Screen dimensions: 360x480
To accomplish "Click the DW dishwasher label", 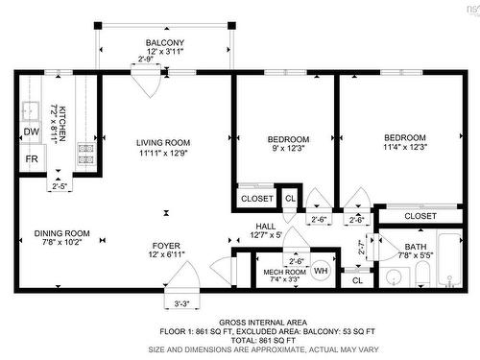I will [31, 132].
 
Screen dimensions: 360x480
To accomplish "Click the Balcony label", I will [164, 44].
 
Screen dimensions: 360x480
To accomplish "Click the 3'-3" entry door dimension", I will [181, 304].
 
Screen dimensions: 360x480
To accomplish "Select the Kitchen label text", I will [59, 125].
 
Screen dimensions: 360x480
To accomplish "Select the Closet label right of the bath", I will [420, 216].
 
